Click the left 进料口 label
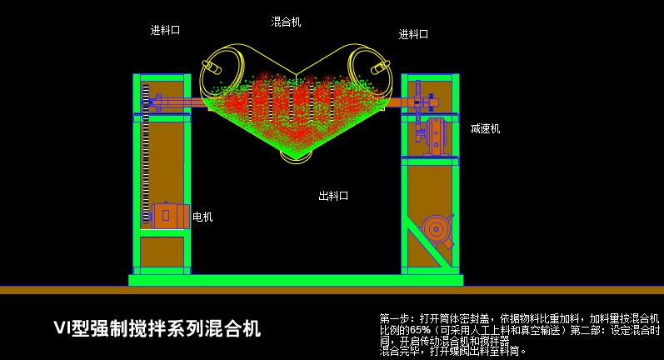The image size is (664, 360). pyautogui.click(x=165, y=30)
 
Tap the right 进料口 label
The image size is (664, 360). pyautogui.click(x=413, y=34)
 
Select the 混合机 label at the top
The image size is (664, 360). pyautogui.click(x=286, y=22)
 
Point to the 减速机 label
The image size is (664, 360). pyautogui.click(x=485, y=129)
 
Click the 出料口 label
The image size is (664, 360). pyautogui.click(x=333, y=196)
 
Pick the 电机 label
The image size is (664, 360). pyautogui.click(x=202, y=217)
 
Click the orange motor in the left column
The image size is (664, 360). pyautogui.click(x=169, y=216)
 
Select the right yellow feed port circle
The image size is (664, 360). pyautogui.click(x=369, y=66)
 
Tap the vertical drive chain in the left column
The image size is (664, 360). pyautogui.click(x=146, y=158)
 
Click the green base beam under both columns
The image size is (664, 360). pyautogui.click(x=296, y=280)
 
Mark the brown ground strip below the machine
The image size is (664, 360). pyautogui.click(x=332, y=290)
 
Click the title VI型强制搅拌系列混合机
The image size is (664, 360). pyautogui.click(x=157, y=328)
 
